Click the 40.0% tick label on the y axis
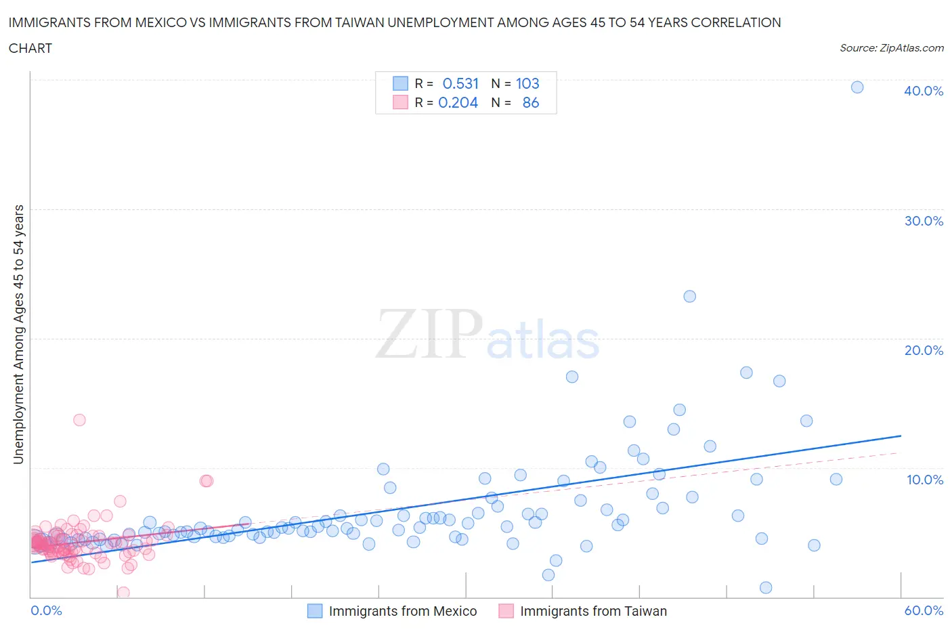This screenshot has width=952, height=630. click(x=923, y=91)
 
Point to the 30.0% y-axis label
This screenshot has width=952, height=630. click(x=923, y=221)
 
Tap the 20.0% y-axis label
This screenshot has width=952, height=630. click(x=923, y=350)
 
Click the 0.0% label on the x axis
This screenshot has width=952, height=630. click(x=46, y=610)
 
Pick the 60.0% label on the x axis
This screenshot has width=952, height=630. click(x=923, y=610)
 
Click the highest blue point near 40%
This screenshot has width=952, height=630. click(x=857, y=87)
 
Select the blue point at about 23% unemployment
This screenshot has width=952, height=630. click(x=689, y=296)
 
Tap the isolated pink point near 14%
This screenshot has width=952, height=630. click(x=79, y=419)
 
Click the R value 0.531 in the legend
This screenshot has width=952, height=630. click(x=460, y=83)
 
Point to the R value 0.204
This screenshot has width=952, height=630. click(x=458, y=102)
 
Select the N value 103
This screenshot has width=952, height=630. click(x=527, y=83)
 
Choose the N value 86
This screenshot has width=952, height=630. click(x=531, y=102)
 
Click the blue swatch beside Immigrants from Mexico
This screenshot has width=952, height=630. click(x=315, y=611)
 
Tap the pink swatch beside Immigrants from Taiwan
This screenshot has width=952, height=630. click(x=506, y=611)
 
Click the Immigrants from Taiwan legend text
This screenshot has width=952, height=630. click(x=593, y=611)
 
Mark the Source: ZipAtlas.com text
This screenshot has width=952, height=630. click(x=891, y=47)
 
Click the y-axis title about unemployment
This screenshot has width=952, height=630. click(x=18, y=334)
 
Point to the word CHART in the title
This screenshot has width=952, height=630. click(x=30, y=48)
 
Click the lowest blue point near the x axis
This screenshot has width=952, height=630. click(x=766, y=587)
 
